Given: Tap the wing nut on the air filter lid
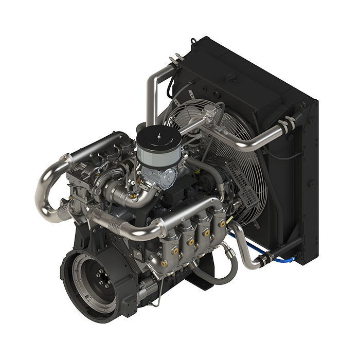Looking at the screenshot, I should point(158,133).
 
